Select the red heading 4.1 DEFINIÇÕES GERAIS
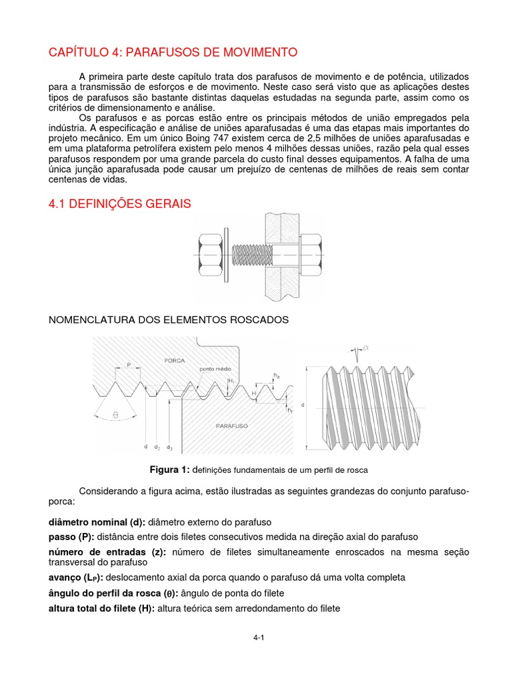(x=120, y=204)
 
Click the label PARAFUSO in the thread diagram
(x=231, y=424)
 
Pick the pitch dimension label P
(x=129, y=366)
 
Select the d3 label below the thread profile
(x=170, y=447)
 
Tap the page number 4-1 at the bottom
(x=259, y=638)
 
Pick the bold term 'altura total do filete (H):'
(x=102, y=609)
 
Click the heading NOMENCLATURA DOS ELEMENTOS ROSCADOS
(x=169, y=320)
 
